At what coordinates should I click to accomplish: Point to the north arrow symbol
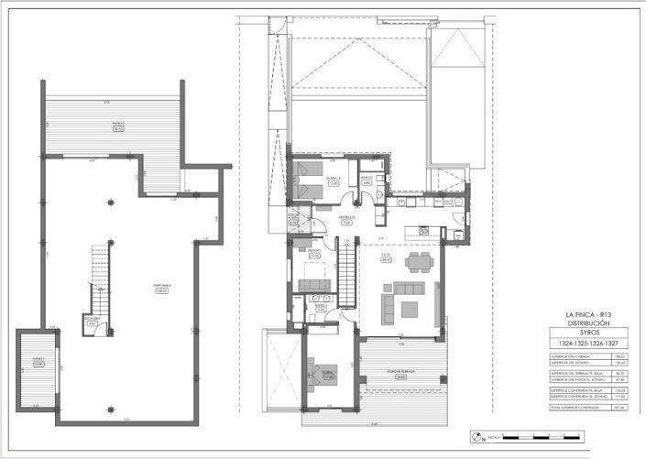point(476,435)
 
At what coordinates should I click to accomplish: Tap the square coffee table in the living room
point(408,306)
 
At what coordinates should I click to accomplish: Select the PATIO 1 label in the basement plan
point(38,363)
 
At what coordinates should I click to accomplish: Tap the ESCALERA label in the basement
point(93,321)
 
